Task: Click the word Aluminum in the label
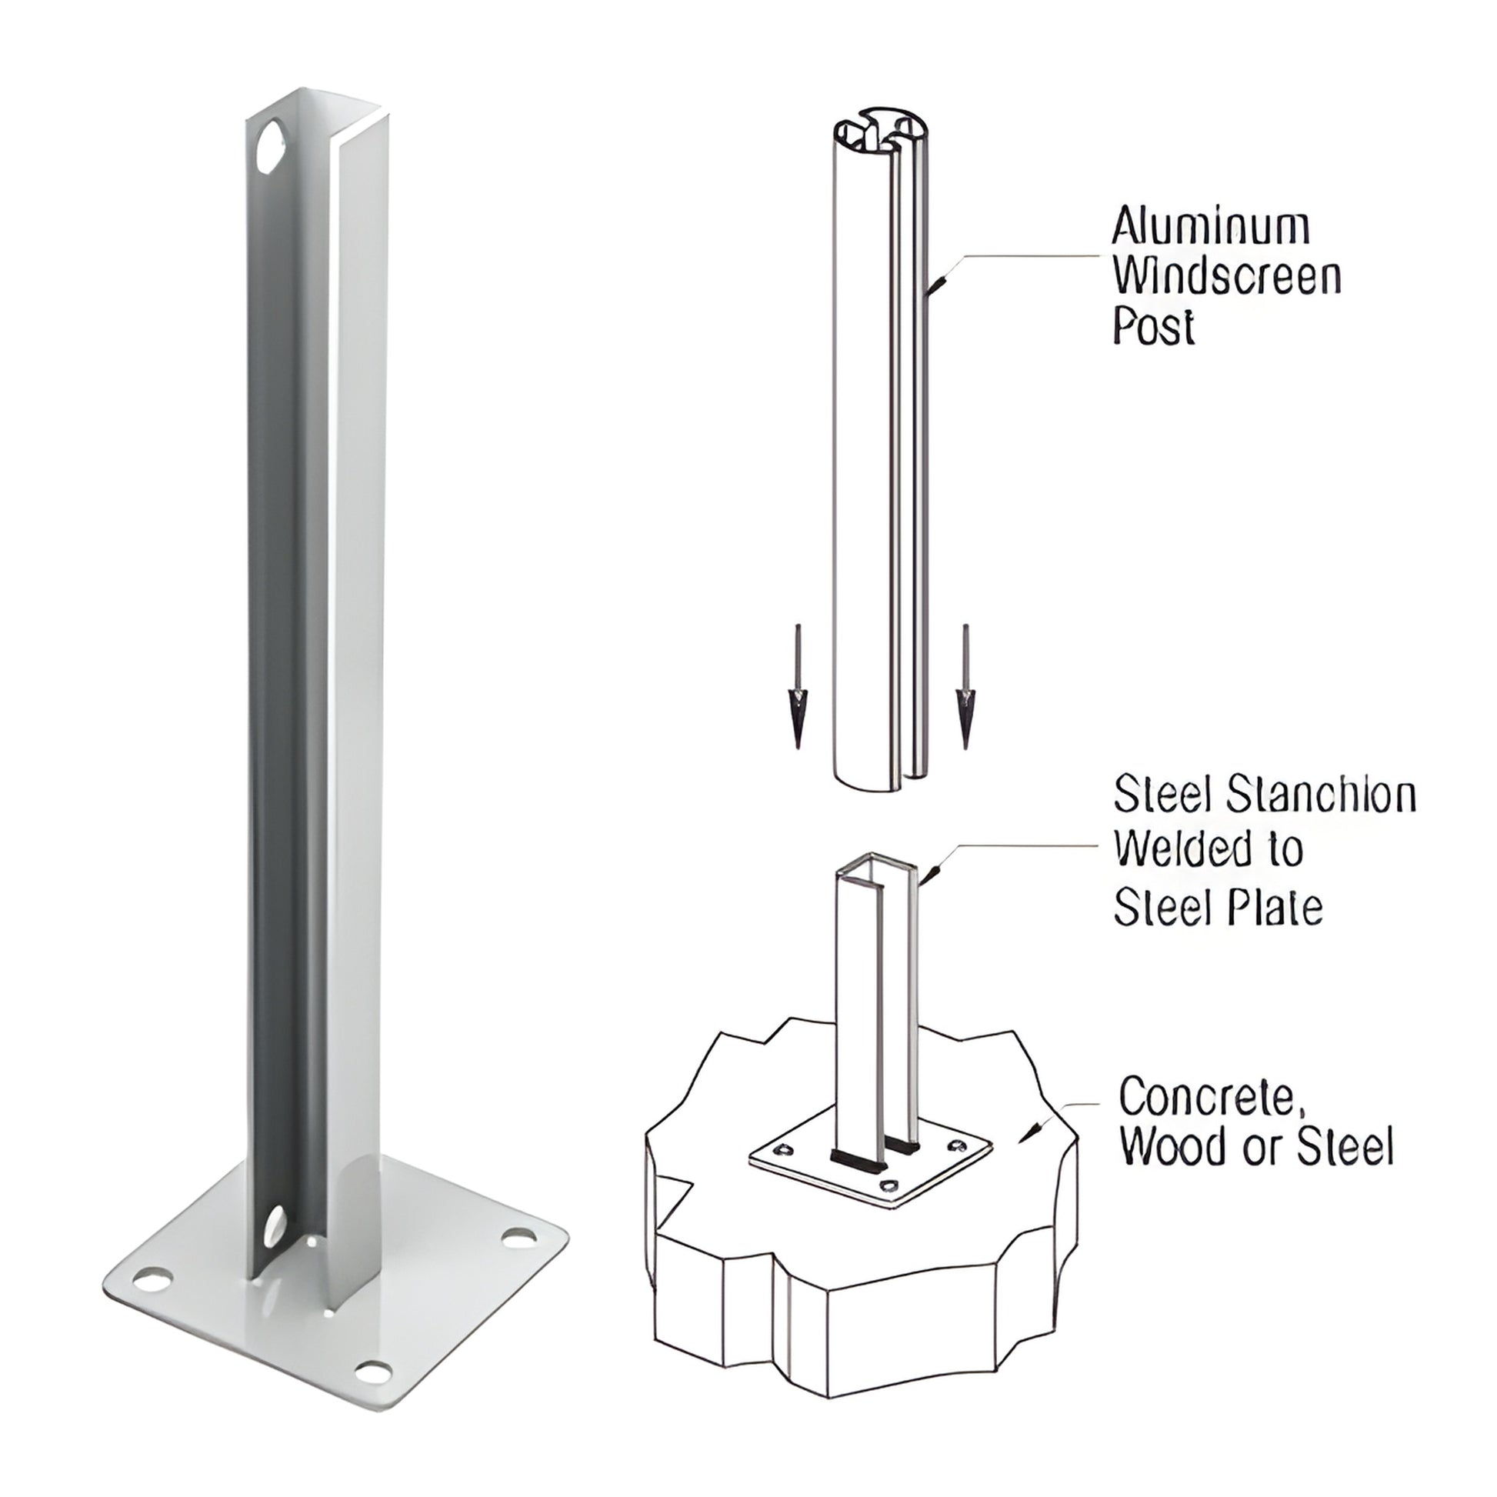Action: coord(1210,228)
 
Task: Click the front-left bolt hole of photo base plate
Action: coord(155,1279)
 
